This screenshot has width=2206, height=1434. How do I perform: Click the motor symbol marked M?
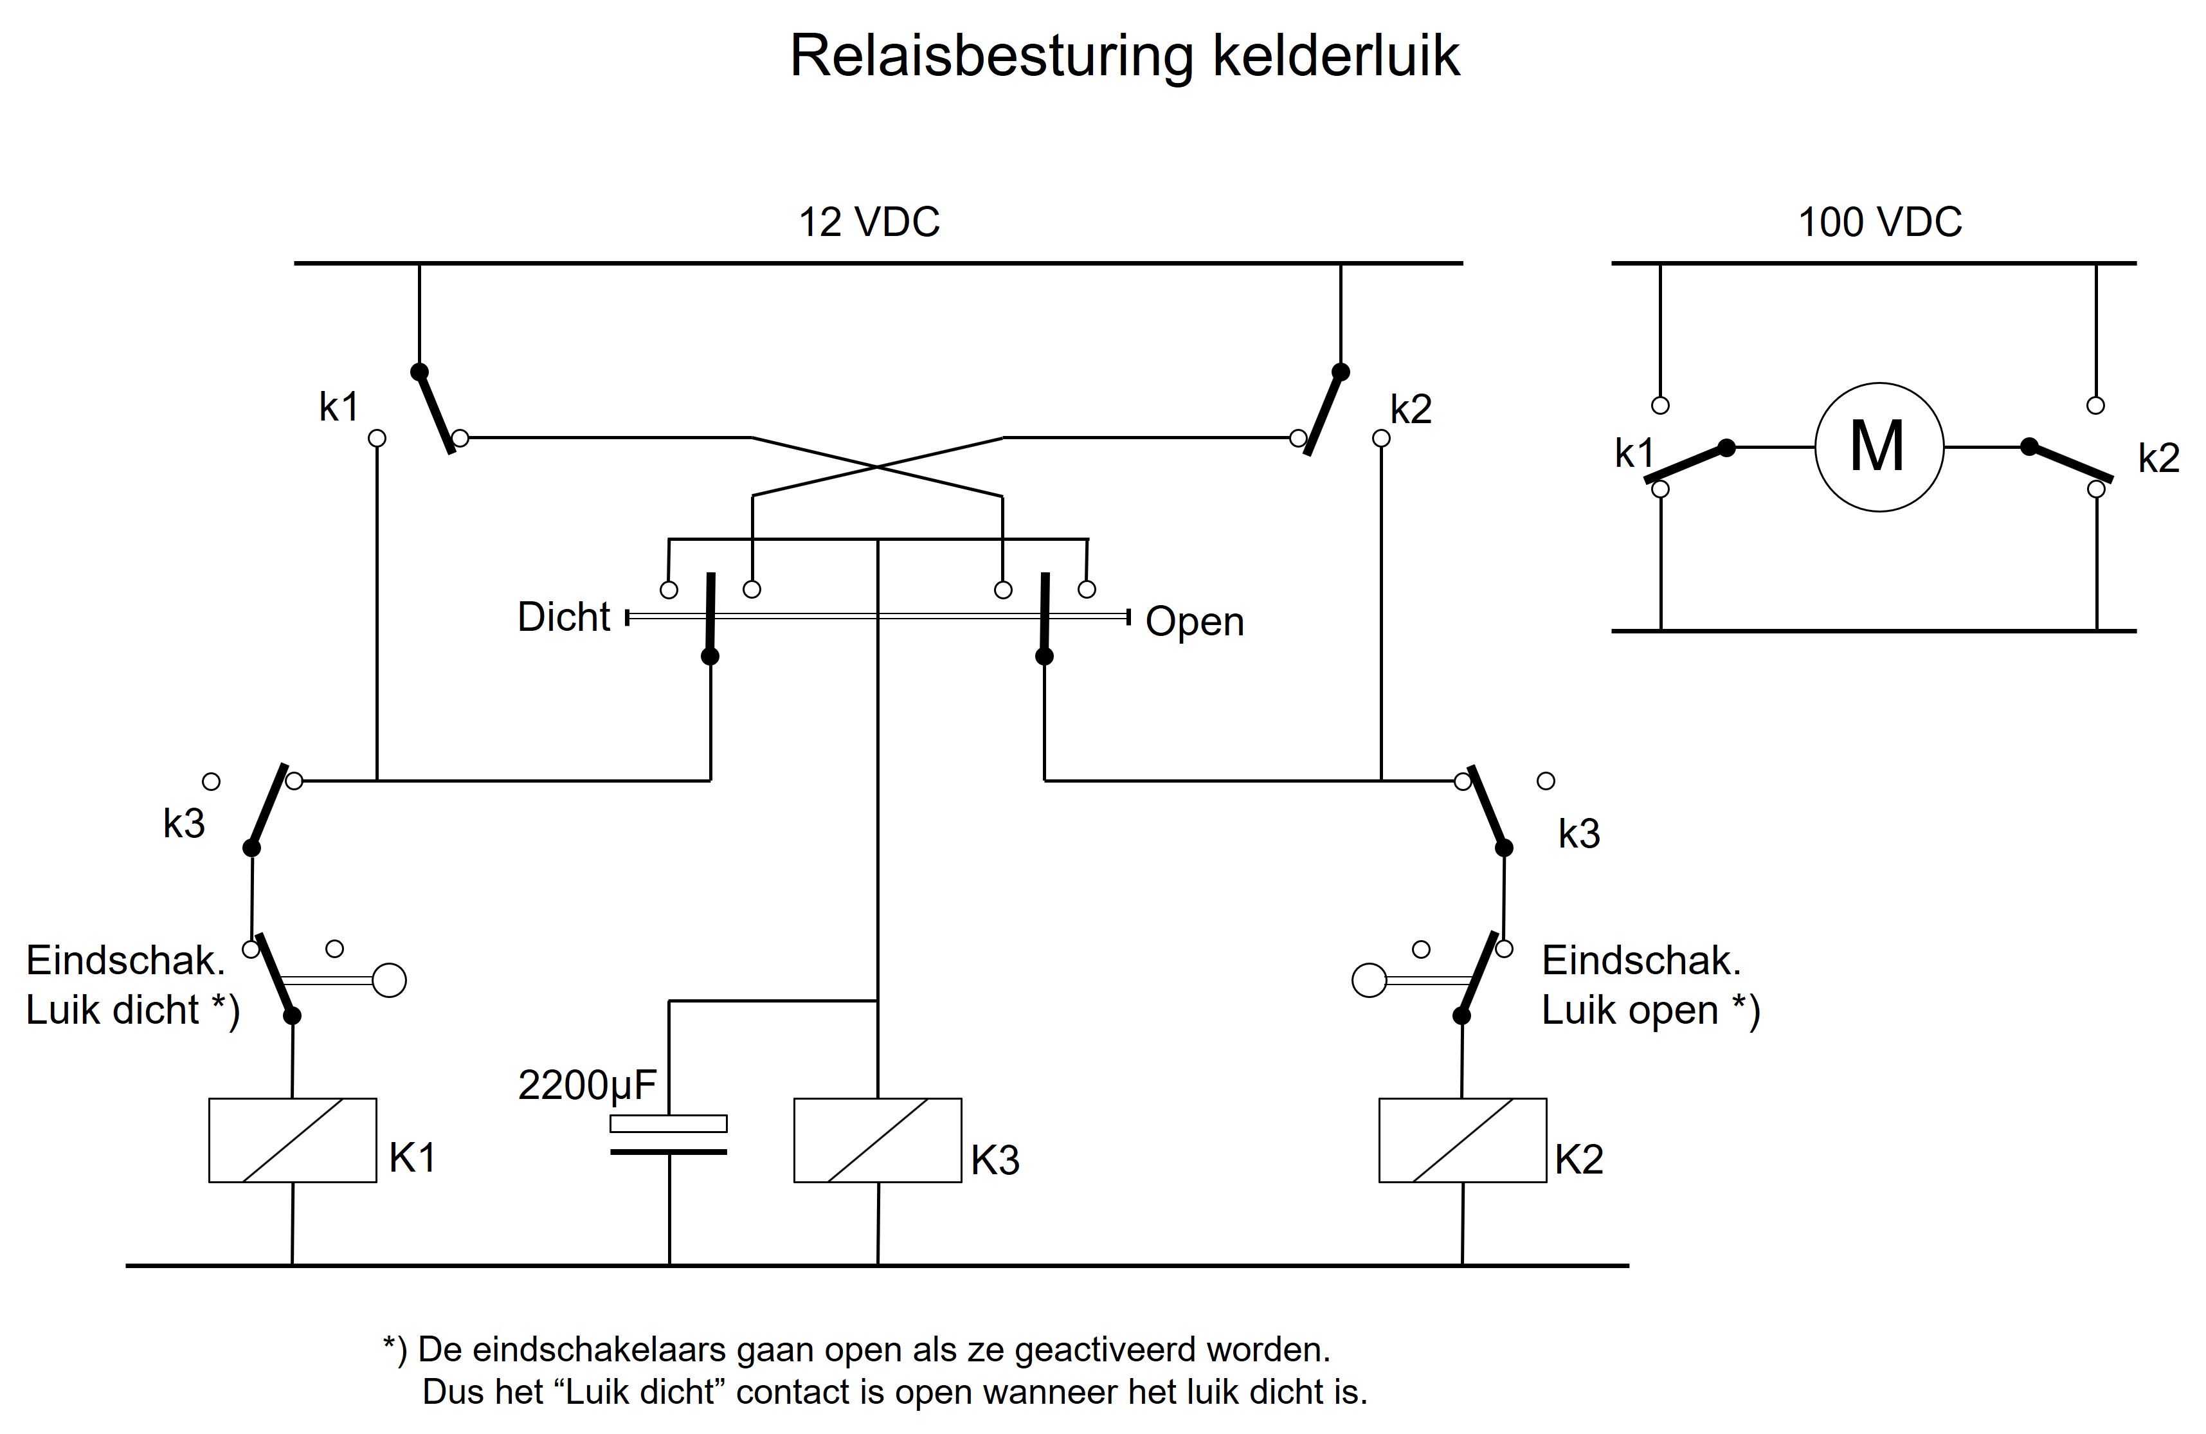(1878, 448)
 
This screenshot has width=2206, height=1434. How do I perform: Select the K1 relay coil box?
(293, 1140)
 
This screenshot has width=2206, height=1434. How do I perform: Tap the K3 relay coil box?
(878, 1140)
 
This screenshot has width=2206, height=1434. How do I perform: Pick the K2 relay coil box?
(1463, 1140)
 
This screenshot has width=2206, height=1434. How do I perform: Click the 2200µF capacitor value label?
(587, 1085)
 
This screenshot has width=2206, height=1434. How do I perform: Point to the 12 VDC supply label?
(869, 222)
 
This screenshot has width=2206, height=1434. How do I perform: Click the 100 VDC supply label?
(1881, 222)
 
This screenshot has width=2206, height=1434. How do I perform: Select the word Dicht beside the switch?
(563, 617)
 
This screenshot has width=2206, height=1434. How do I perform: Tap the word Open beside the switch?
(1195, 622)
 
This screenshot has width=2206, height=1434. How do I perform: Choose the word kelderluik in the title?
(1337, 57)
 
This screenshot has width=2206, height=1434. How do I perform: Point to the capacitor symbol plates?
(668, 1136)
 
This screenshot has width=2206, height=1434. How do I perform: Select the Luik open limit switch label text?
(1650, 985)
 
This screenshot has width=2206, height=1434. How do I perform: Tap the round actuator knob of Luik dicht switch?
(389, 980)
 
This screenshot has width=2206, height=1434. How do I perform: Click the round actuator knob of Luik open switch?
(1369, 980)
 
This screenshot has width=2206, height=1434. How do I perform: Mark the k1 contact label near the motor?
(1634, 454)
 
